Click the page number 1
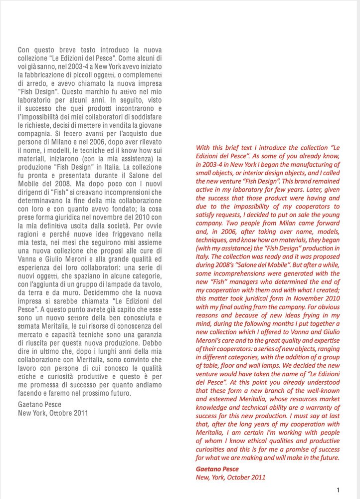338,490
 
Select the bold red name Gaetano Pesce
217,469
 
